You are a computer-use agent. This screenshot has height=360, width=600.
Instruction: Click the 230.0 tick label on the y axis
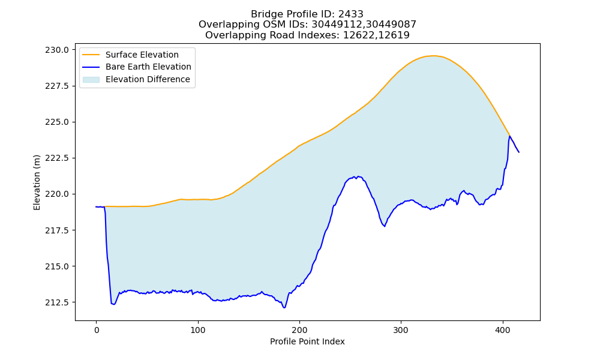click(x=57, y=50)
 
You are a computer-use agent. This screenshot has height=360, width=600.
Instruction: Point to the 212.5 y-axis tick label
click(x=57, y=302)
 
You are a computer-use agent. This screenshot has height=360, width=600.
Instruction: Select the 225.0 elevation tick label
click(x=57, y=122)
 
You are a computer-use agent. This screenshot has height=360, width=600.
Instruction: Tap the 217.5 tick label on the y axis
click(x=57, y=230)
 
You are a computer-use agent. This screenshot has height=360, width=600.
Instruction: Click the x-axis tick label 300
click(x=401, y=330)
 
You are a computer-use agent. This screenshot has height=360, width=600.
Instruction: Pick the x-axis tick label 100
click(x=198, y=330)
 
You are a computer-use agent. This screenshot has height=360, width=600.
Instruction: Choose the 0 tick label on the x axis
click(x=97, y=330)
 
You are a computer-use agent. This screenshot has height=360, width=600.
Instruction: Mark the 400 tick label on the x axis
click(x=503, y=330)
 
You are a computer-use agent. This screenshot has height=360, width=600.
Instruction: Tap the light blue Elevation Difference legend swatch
click(x=91, y=80)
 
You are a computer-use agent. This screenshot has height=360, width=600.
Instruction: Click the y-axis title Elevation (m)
click(x=37, y=182)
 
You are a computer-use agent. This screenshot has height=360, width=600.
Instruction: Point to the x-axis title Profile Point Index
click(x=307, y=341)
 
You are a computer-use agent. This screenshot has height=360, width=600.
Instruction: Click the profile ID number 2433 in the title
click(x=350, y=14)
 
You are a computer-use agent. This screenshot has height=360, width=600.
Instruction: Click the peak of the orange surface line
click(x=433, y=56)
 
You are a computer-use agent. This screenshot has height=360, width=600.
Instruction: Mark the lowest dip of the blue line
click(x=284, y=308)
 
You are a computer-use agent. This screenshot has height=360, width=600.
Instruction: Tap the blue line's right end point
click(x=519, y=152)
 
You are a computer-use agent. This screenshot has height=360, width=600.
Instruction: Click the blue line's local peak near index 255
click(x=356, y=176)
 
